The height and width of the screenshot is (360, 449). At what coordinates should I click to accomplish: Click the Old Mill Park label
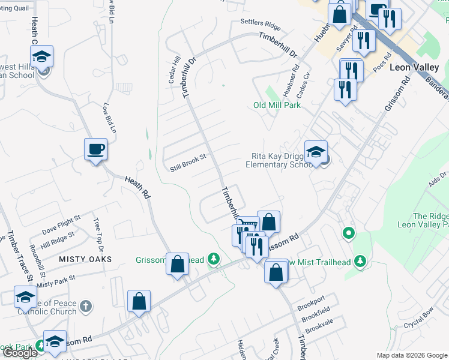tap(277, 105)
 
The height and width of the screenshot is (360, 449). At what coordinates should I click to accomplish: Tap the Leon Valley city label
tap(417, 67)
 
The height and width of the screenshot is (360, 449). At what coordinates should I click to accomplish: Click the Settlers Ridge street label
tap(261, 25)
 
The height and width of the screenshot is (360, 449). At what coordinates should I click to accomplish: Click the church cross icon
tap(86, 306)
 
